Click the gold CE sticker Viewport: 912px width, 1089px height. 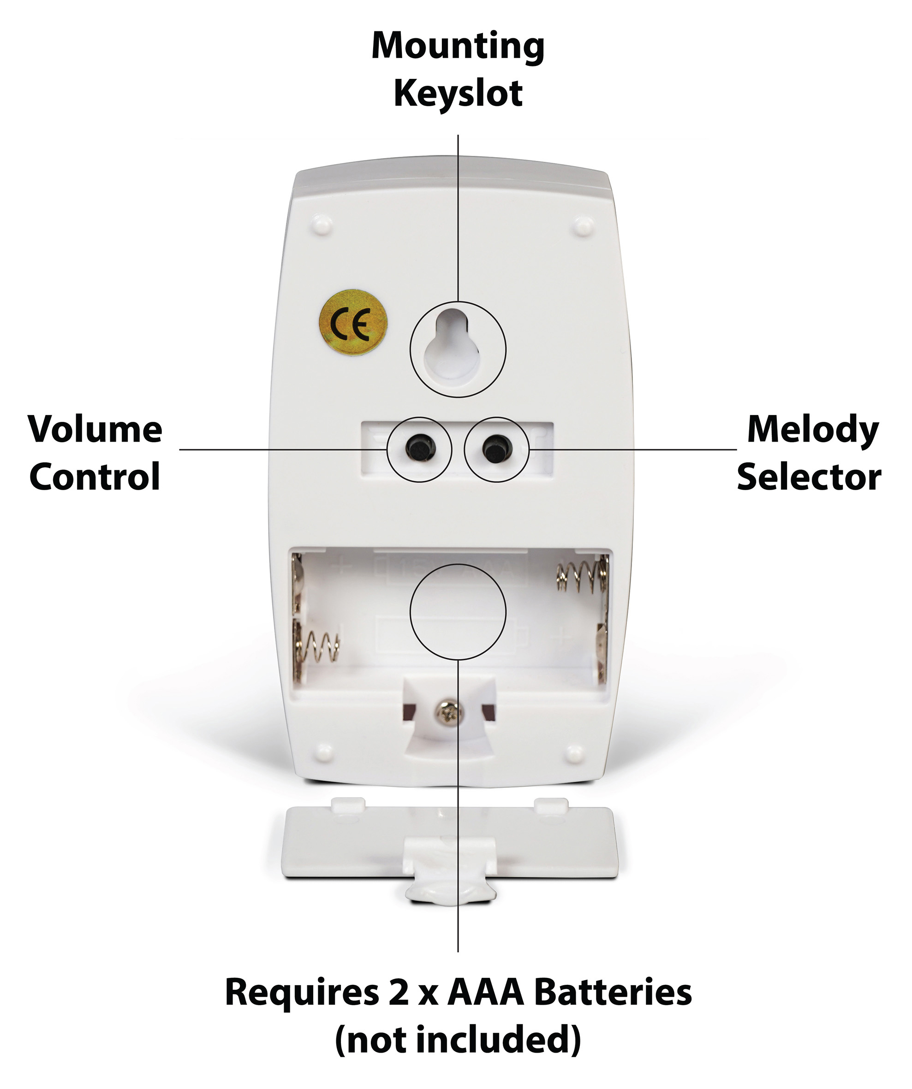click(353, 323)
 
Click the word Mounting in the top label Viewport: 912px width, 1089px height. click(458, 47)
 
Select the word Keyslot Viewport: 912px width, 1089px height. click(458, 94)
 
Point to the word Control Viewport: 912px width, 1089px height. click(95, 477)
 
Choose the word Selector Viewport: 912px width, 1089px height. click(809, 477)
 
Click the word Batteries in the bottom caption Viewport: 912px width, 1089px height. click(613, 993)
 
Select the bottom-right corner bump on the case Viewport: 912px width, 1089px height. click(575, 753)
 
